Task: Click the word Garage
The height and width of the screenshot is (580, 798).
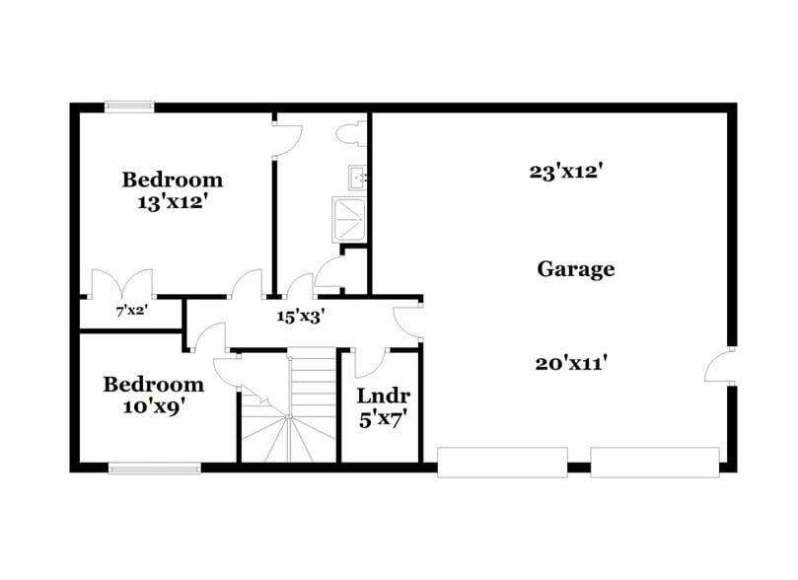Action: coord(576,268)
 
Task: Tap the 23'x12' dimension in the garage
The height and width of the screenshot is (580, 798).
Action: coord(565,171)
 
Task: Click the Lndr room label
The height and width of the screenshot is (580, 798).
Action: coord(384,397)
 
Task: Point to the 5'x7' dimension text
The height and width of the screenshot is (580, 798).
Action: coord(384,418)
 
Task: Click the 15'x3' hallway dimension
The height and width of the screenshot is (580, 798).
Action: coord(301,317)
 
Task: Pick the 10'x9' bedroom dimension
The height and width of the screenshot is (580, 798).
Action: coord(154,405)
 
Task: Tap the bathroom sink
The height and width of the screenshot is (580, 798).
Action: coord(357,178)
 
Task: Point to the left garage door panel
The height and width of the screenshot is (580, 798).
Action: coord(502,462)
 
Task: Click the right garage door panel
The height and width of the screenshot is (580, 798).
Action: coord(655,462)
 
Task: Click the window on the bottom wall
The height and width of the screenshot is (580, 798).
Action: coord(154,469)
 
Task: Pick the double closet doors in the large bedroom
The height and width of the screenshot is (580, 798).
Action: coord(118,285)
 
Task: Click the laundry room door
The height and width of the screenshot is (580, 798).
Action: coord(364,361)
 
